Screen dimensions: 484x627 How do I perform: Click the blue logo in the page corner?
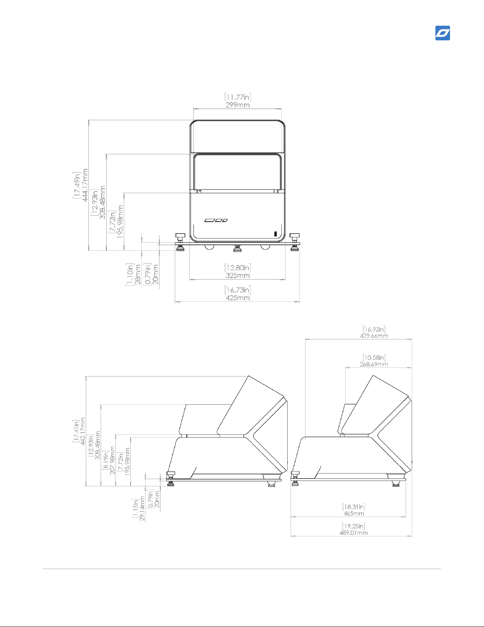(x=443, y=33)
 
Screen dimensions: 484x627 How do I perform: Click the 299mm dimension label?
(x=238, y=105)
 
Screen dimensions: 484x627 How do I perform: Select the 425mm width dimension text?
(x=238, y=298)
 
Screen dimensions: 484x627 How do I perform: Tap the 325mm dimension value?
(x=238, y=276)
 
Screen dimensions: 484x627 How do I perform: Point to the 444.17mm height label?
(x=85, y=185)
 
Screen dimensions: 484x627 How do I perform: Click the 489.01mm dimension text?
(x=354, y=533)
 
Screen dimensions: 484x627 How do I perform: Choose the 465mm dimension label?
(x=354, y=513)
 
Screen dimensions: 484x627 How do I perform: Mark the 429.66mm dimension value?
(x=374, y=336)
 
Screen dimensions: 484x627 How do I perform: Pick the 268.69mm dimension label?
(x=374, y=364)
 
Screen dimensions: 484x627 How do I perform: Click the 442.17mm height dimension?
(x=83, y=431)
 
